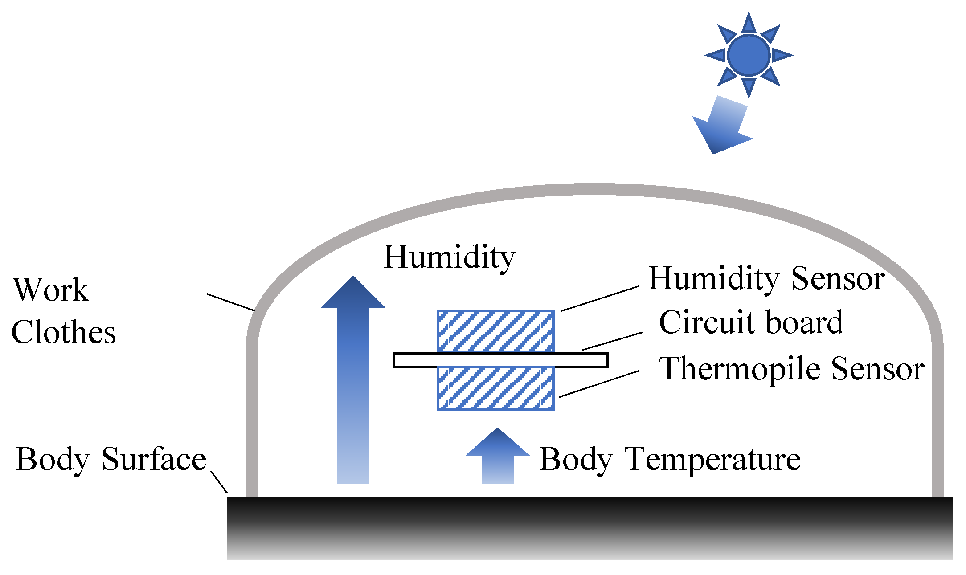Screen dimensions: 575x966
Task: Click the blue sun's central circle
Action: pyautogui.click(x=749, y=55)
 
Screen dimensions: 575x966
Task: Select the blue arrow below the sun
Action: pyautogui.click(x=722, y=127)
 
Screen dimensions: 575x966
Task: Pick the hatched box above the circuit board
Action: pyautogui.click(x=495, y=331)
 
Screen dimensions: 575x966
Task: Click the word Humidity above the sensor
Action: pyautogui.click(x=449, y=257)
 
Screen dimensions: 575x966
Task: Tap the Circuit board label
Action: pyautogui.click(x=751, y=322)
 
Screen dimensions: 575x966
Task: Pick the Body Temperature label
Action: pyautogui.click(x=670, y=459)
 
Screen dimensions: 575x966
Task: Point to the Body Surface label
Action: pyautogui.click(x=111, y=459)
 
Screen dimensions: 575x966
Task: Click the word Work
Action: pyautogui.click(x=51, y=290)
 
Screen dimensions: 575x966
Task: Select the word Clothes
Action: pyautogui.click(x=63, y=332)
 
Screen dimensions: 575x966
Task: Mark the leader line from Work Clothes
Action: pyautogui.click(x=230, y=302)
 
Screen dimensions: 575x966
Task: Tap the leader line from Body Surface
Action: pyautogui.click(x=219, y=482)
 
